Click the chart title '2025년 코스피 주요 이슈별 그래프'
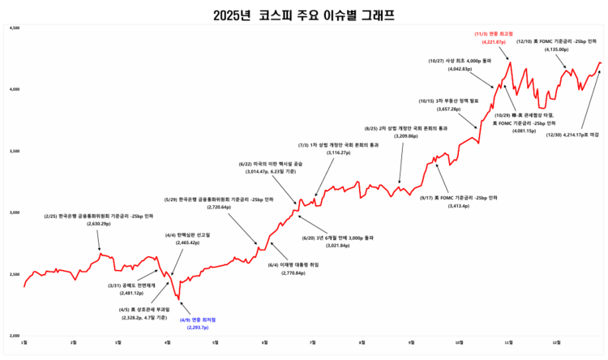click(x=304, y=14)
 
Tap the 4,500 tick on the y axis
click(x=15, y=29)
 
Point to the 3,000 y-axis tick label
click(x=15, y=212)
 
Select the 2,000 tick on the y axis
click(x=15, y=334)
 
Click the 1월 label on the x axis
click(x=24, y=342)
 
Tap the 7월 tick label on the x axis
click(x=312, y=342)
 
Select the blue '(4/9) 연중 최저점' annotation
click(x=192, y=319)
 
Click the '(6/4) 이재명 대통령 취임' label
click(x=293, y=264)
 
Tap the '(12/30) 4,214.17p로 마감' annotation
click(x=572, y=135)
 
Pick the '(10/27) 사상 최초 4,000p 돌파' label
click(x=460, y=61)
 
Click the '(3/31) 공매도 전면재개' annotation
click(x=131, y=285)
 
